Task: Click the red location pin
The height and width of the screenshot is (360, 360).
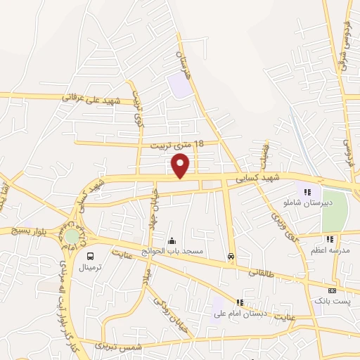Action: point(181,166)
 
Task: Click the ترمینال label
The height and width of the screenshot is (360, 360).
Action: point(91,268)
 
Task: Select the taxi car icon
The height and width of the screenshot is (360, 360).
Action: point(231,257)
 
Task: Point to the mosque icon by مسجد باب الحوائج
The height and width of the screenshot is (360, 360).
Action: point(172,241)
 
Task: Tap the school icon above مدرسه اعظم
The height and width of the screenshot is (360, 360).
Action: point(330,240)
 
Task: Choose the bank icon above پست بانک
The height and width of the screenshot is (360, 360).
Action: point(332,290)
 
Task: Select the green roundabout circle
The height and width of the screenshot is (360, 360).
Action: point(72,237)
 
